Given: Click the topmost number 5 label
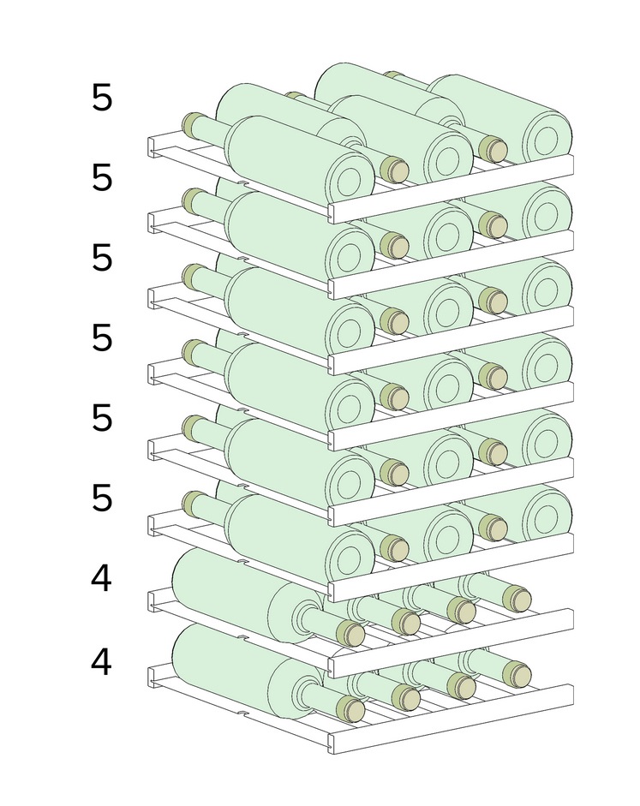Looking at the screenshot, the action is click(x=102, y=97).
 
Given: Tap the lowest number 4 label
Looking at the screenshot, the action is click(x=101, y=661).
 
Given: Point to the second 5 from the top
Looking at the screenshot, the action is click(x=102, y=177).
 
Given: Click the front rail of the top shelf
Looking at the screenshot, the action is click(x=451, y=188).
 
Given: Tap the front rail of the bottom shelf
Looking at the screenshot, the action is click(x=451, y=719).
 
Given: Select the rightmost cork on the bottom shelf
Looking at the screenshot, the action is click(x=517, y=674).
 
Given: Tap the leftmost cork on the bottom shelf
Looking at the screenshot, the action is click(x=350, y=709).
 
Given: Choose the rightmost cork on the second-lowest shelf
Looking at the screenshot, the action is click(x=517, y=599).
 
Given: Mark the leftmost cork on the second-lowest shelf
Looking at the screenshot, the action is click(x=350, y=633).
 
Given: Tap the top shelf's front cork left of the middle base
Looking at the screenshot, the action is click(x=395, y=169).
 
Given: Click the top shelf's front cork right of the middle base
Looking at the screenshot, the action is click(x=493, y=149).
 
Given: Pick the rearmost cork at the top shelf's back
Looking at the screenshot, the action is click(x=392, y=75).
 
